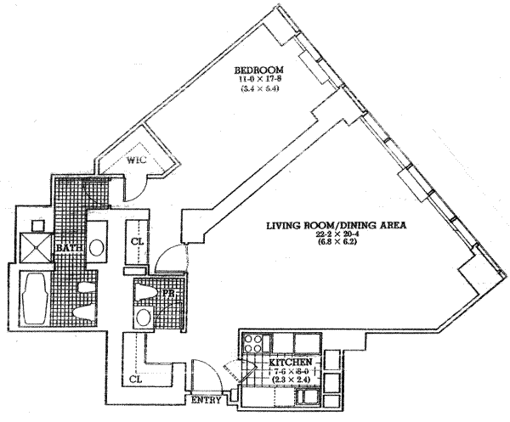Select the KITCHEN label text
click(289, 363)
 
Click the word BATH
click(68, 247)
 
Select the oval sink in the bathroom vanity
click(97, 248)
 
